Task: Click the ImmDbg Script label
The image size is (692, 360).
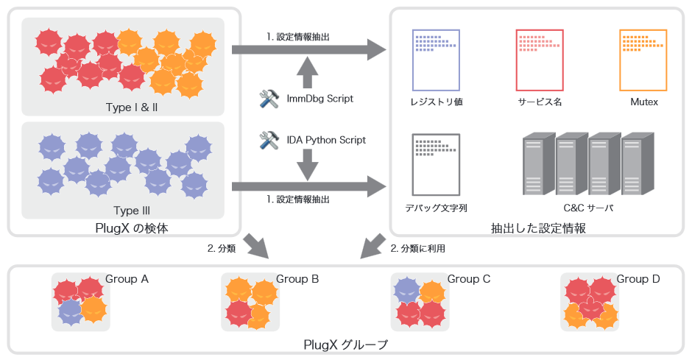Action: tap(319, 98)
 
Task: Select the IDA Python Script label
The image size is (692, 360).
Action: tap(326, 140)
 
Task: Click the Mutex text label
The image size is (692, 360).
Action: tap(643, 102)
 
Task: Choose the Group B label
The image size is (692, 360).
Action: tap(297, 279)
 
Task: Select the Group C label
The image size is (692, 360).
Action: tap(469, 279)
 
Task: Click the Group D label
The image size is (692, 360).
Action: tap(638, 279)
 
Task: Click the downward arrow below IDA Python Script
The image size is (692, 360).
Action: tap(308, 166)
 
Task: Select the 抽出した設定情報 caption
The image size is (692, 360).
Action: tap(538, 229)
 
